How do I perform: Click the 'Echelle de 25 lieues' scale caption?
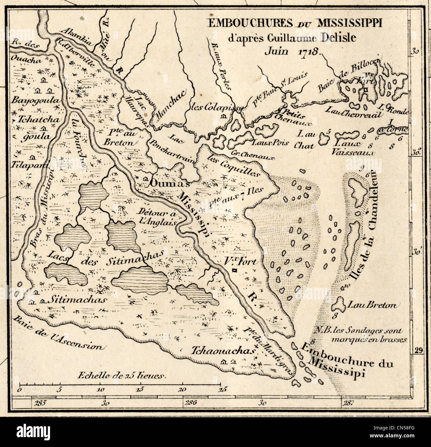click(x=121, y=376)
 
